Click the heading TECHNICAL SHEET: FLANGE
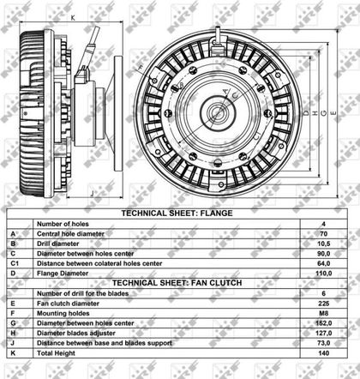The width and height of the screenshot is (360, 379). click(x=177, y=214)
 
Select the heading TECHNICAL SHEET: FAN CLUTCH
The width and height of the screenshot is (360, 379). click(x=177, y=283)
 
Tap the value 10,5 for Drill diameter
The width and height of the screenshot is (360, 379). click(x=323, y=244)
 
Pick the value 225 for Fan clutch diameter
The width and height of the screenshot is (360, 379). click(x=323, y=304)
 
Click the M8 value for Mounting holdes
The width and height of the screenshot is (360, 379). click(x=323, y=314)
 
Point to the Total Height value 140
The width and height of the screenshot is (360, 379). click(x=323, y=353)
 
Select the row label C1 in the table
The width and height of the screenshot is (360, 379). click(x=15, y=263)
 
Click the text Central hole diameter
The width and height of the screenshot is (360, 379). click(x=70, y=234)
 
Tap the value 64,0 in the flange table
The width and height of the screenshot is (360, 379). click(x=323, y=263)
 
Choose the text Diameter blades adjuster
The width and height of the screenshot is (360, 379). click(x=76, y=334)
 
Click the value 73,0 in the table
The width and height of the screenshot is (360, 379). click(x=323, y=343)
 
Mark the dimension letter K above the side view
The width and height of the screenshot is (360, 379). click(x=73, y=18)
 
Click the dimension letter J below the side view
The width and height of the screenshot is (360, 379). click(x=92, y=193)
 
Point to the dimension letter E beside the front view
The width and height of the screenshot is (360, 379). click(x=333, y=113)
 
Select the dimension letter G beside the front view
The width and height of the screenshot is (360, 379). click(x=324, y=113)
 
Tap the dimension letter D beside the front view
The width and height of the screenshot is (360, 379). click(x=306, y=113)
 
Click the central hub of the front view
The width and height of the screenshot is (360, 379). click(x=218, y=112)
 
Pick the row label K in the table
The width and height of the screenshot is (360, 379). click(x=13, y=353)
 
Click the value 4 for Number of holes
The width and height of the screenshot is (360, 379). click(x=323, y=224)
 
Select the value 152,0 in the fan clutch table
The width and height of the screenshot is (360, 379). click(x=323, y=323)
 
